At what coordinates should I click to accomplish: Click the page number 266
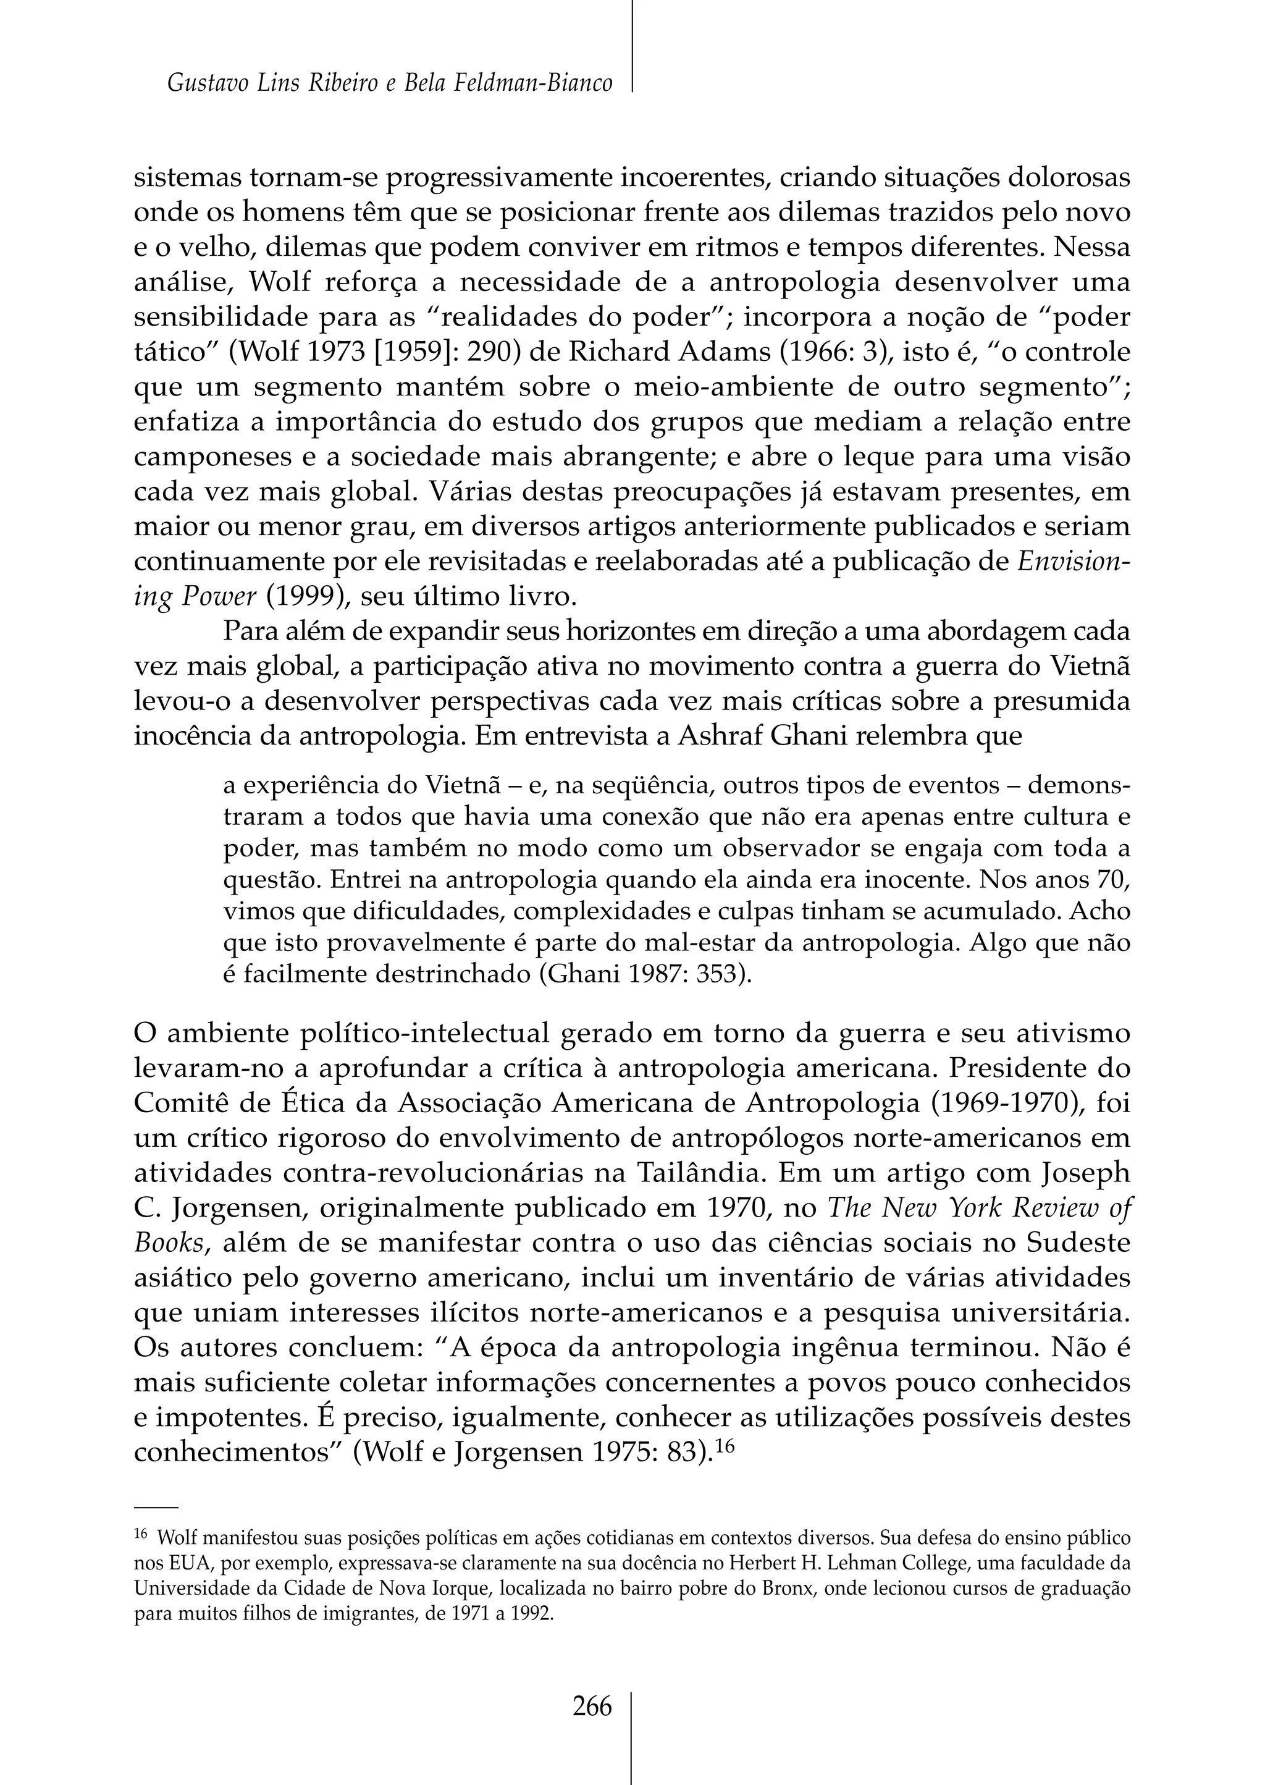pyautogui.click(x=592, y=1707)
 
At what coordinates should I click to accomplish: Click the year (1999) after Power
pyautogui.click(x=308, y=597)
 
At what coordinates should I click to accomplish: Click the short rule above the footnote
pyautogui.click(x=156, y=1508)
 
